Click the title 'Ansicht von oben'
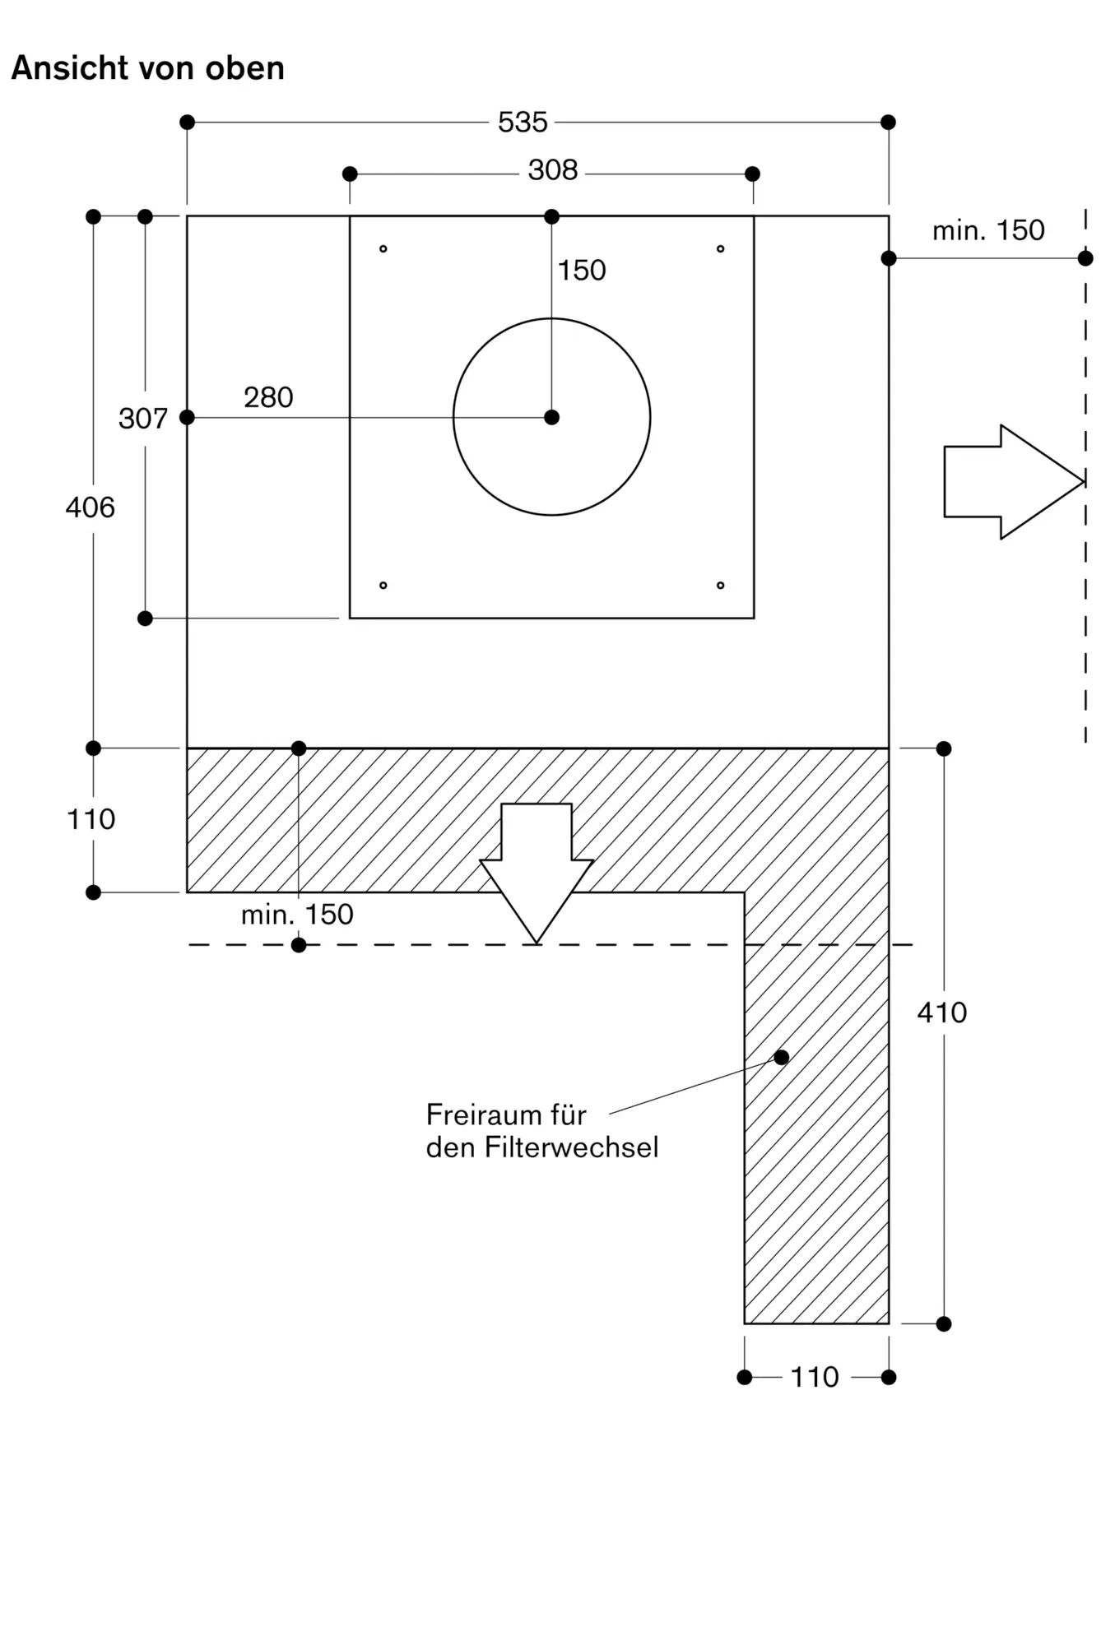pos(148,68)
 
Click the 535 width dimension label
pos(523,123)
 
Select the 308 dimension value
pos(553,170)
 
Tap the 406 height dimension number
pos(91,507)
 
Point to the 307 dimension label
pos(143,419)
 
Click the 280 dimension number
pos(268,397)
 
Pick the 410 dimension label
pos(942,1012)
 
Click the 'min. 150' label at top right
pos(988,230)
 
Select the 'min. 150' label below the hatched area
pos(297,915)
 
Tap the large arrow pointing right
pos(1014,482)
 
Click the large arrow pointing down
pos(537,873)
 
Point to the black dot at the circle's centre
pos(552,418)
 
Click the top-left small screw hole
pos(383,248)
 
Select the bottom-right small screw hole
pos(721,586)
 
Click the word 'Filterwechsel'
pos(571,1147)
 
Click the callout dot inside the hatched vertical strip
pos(782,1058)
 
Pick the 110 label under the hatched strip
pos(815,1377)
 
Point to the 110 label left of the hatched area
pos(91,819)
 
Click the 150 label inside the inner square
pos(582,271)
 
